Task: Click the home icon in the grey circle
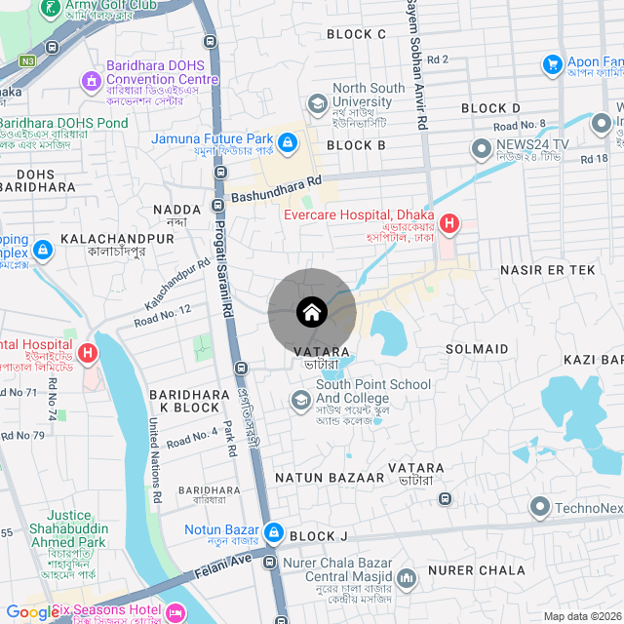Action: tap(311, 312)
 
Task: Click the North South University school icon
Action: tap(317, 102)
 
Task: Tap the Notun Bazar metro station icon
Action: tap(274, 532)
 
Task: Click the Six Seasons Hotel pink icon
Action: tap(176, 612)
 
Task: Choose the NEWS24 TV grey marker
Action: tap(481, 149)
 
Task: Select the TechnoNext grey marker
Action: tap(539, 507)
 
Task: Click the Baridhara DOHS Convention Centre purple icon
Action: tap(92, 79)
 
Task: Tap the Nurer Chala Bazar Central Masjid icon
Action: tap(407, 578)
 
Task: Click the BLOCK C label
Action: tap(356, 34)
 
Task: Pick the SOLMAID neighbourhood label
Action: tap(477, 348)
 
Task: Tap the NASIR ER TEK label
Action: tap(546, 268)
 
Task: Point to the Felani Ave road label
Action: tap(227, 565)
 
